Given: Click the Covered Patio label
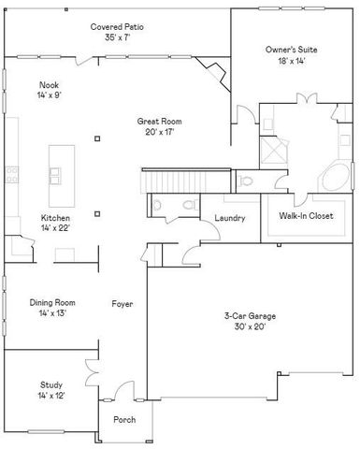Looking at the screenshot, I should click(x=113, y=27).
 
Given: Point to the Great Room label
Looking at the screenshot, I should click(x=159, y=122).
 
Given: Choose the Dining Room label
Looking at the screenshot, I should click(x=52, y=302).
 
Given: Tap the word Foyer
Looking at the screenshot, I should click(x=122, y=304).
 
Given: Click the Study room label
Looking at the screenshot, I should click(x=50, y=384).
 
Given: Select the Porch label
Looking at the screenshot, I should click(x=125, y=420).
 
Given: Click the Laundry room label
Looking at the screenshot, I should click(x=229, y=219).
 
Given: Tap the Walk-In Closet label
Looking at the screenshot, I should click(x=306, y=216).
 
